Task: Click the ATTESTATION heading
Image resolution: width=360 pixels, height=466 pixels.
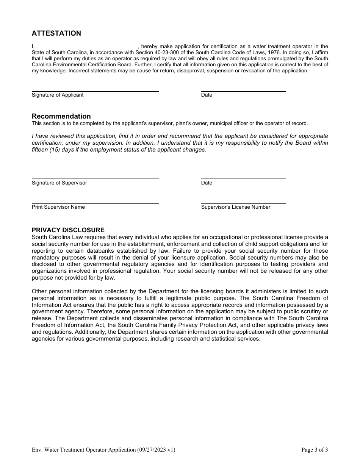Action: point(56,33)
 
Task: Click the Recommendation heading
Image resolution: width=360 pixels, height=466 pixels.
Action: point(61,116)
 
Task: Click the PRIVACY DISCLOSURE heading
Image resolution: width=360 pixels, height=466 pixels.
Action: point(68,230)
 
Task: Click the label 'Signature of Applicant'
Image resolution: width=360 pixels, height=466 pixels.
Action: point(58,95)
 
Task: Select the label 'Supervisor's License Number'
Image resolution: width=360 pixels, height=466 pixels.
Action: point(236,207)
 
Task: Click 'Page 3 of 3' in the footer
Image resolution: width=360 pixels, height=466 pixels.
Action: point(315,450)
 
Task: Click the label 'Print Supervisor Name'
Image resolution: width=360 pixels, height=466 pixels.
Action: point(58,207)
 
